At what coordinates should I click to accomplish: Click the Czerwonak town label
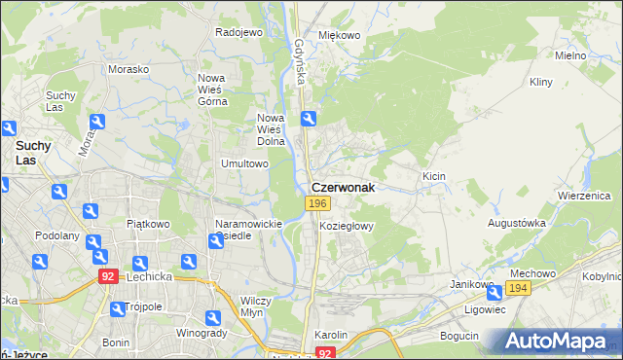342,188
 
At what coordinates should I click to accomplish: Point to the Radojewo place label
239,32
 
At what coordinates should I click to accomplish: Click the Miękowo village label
340,35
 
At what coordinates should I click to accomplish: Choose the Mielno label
569,55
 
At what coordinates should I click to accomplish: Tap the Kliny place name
541,84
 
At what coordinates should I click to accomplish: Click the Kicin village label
433,175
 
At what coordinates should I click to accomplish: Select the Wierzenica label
583,195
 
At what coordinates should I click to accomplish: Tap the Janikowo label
472,284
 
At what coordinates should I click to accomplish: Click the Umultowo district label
244,163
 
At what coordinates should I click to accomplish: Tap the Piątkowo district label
148,223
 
